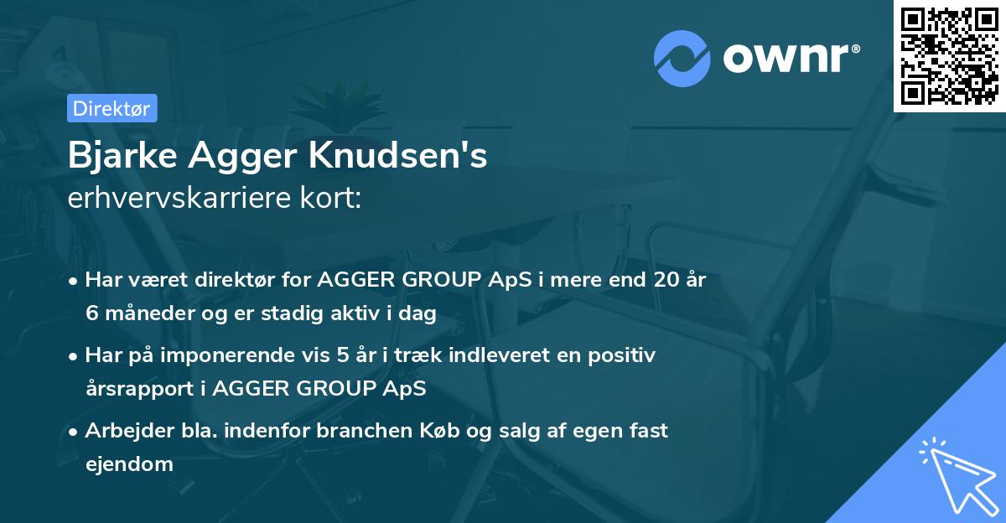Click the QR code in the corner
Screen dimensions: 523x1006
(950, 56)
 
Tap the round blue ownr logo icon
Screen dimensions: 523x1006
(682, 59)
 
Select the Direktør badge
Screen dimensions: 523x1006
(111, 108)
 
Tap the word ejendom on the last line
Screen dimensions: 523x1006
(129, 463)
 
